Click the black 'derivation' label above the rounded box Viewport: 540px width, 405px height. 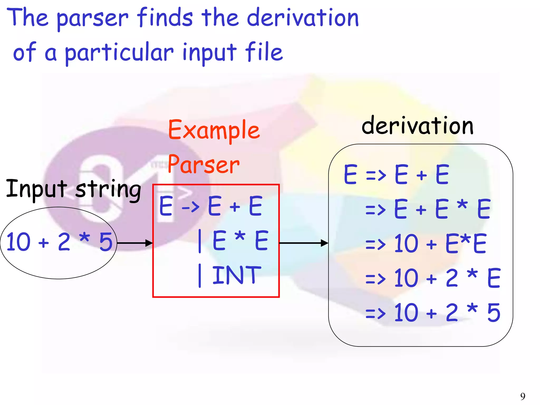pos(417,126)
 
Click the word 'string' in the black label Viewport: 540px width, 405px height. pos(108,189)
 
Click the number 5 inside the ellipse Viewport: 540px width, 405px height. pos(106,242)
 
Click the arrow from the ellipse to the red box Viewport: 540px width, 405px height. pos(135,243)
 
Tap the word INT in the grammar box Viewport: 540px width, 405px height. pos(237,275)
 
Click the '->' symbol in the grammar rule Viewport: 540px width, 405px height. pos(190,207)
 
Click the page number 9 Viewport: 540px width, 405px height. pos(523,396)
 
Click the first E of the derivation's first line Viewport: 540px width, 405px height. pos(350,174)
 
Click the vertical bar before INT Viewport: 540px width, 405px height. pos(200,276)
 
